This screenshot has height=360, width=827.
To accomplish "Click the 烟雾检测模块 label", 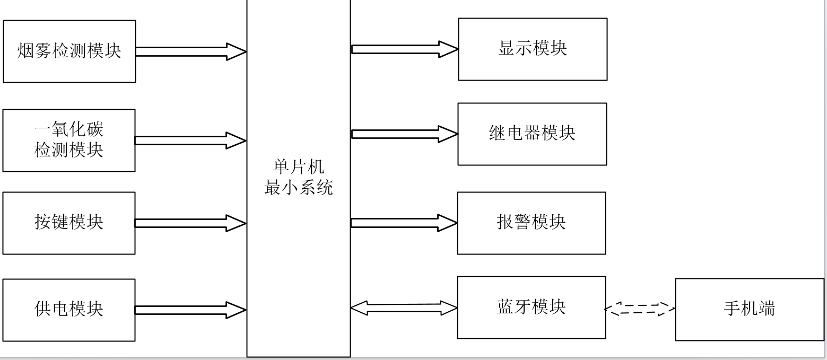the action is coord(69,50).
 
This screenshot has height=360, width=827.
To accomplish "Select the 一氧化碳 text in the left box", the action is coord(69,129).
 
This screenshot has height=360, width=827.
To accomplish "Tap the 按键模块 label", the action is coord(69,222).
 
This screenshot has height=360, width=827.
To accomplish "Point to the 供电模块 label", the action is coord(69,309).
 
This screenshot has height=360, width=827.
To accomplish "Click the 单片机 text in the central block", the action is coord(299,166).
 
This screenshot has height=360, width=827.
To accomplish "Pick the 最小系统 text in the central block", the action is coord(299,187).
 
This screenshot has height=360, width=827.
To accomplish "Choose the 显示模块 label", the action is coord(533,48).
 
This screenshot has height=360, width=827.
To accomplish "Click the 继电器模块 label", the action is coord(533,133).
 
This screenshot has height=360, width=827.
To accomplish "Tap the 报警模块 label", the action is coord(532,222).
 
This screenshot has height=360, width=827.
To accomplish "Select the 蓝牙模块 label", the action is coord(532,307).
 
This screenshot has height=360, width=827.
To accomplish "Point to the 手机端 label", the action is coord(750,309).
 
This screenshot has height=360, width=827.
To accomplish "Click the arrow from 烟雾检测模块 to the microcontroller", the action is coord(191,51).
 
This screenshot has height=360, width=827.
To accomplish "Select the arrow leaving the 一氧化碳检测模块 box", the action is coord(190,141).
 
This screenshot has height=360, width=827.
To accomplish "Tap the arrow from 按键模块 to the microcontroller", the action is coord(190,223).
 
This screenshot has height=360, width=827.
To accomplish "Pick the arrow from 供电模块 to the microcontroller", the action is coord(190,310).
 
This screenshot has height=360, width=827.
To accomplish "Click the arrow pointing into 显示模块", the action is coord(405,49).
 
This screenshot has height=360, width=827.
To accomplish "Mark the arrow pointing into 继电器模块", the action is coord(405,134).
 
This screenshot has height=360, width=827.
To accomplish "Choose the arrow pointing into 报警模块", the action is coord(404,223).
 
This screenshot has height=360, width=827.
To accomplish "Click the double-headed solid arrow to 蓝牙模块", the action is coord(404,308).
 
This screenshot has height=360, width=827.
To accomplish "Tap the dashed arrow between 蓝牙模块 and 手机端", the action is coord(640,309).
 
